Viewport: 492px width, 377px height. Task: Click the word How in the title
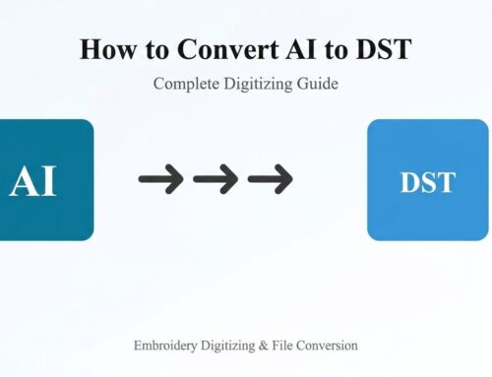pyautogui.click(x=101, y=50)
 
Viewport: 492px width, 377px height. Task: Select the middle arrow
pyautogui.click(x=215, y=179)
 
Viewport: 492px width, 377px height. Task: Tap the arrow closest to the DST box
pyautogui.click(x=269, y=179)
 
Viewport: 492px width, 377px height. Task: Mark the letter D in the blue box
pyautogui.click(x=408, y=182)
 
